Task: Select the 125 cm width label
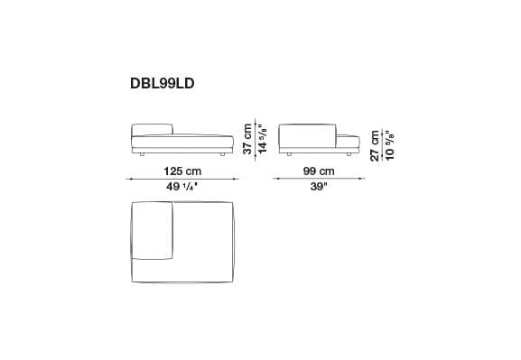pos(181,171)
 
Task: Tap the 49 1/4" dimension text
pos(181,188)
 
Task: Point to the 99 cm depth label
pos(318,171)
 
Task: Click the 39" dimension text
pos(318,188)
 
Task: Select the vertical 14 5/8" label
pos(263,138)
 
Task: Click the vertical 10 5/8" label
pos(389,143)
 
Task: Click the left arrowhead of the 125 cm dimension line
pos(130,180)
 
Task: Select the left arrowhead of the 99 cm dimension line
pos(276,180)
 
